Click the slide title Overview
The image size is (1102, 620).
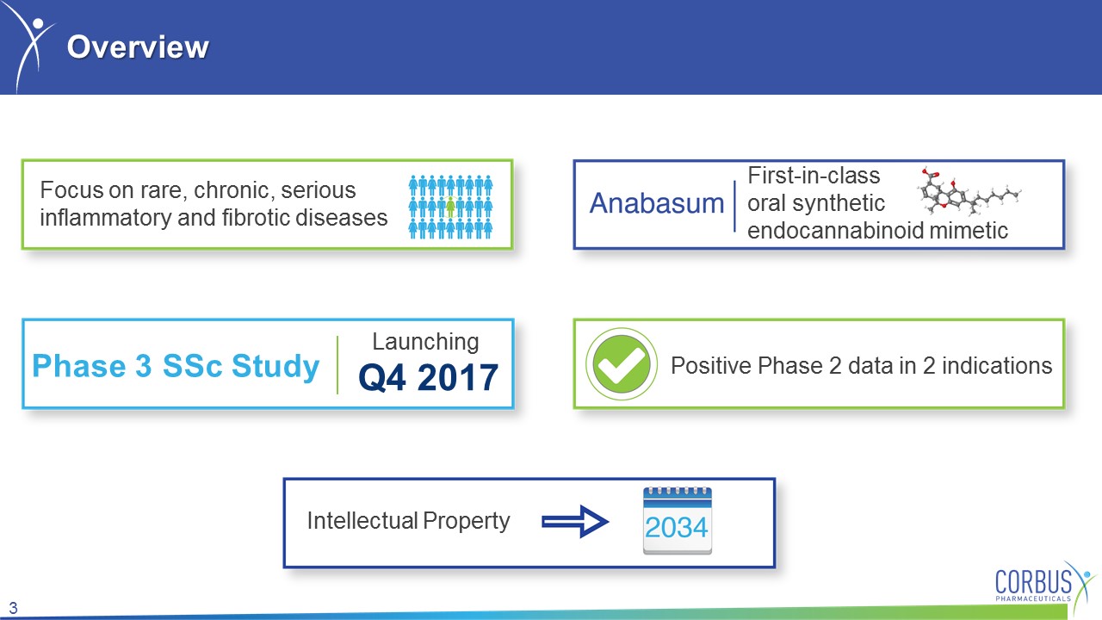coord(138,47)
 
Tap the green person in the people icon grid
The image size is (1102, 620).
coord(450,207)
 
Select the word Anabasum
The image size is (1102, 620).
coord(657,203)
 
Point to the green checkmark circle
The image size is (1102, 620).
coord(622,363)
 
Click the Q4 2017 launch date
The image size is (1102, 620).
coord(429,378)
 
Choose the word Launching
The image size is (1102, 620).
coord(425,342)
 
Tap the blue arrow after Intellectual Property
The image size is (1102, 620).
coord(575,521)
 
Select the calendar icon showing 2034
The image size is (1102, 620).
coord(678,521)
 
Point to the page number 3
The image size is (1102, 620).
coord(13,608)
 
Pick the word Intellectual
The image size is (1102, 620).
coord(362,521)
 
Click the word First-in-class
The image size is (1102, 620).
coord(814,175)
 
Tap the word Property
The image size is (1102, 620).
coord(467,522)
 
